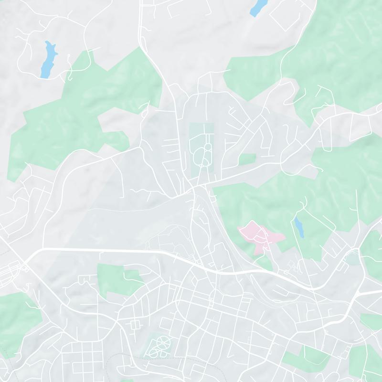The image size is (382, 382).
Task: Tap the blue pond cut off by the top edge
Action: (258, 7)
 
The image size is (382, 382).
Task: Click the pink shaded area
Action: (260, 235)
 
